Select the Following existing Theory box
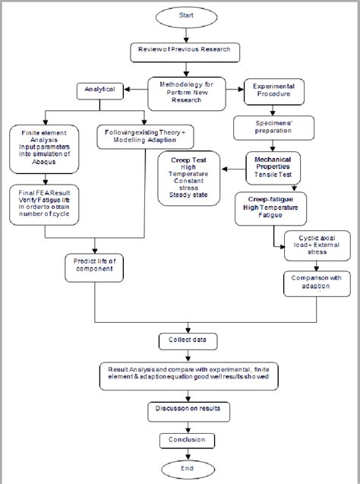pyautogui.click(x=145, y=137)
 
